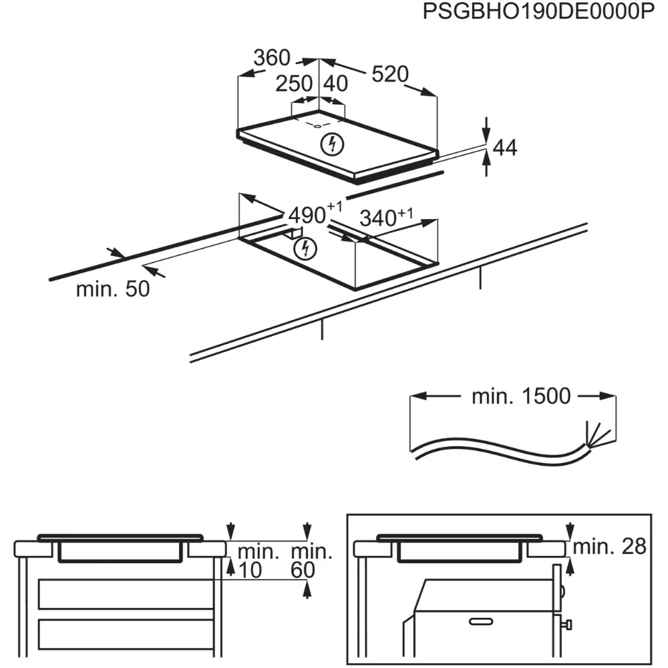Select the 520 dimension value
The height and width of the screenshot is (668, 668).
coord(389,74)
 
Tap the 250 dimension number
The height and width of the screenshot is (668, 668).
coord(295,83)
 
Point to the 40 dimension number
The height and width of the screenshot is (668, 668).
coord(336,83)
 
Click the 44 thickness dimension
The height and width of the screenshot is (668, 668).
coord(506,148)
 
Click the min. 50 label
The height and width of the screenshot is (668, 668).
coord(112,289)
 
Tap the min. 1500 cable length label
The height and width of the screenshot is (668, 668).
coord(521,396)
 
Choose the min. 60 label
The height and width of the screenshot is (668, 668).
coord(311,561)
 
